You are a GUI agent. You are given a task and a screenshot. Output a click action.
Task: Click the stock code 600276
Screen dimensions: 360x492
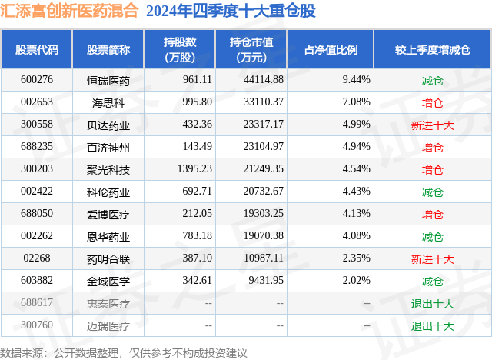(x=37, y=79)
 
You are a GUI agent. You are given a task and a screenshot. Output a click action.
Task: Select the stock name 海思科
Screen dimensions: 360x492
(x=108, y=102)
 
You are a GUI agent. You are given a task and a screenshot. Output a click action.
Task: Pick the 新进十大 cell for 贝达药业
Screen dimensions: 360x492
(x=433, y=124)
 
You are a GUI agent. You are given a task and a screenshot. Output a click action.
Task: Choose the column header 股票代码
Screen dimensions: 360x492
(x=37, y=50)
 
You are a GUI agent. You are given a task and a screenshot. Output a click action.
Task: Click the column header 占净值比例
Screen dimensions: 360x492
(x=336, y=50)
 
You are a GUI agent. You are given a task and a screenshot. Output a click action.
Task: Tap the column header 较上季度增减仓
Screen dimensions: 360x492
(x=433, y=50)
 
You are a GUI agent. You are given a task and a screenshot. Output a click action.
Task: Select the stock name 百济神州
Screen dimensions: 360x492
(x=108, y=147)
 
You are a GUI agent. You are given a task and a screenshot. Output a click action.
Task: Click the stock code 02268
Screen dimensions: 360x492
(x=37, y=259)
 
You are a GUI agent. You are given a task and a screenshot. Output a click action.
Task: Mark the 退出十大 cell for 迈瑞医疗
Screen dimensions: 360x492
(x=433, y=326)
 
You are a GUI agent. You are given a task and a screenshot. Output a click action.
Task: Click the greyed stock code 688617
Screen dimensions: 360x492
(x=37, y=304)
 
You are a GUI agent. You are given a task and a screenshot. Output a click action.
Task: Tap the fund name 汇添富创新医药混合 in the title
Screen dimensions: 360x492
(x=71, y=12)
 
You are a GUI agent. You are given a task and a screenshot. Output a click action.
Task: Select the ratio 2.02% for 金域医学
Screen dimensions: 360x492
(x=356, y=282)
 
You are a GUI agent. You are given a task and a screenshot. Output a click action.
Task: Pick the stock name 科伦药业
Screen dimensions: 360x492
(x=108, y=192)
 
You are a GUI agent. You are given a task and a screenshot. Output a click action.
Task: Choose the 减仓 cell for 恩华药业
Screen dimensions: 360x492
(x=433, y=237)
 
